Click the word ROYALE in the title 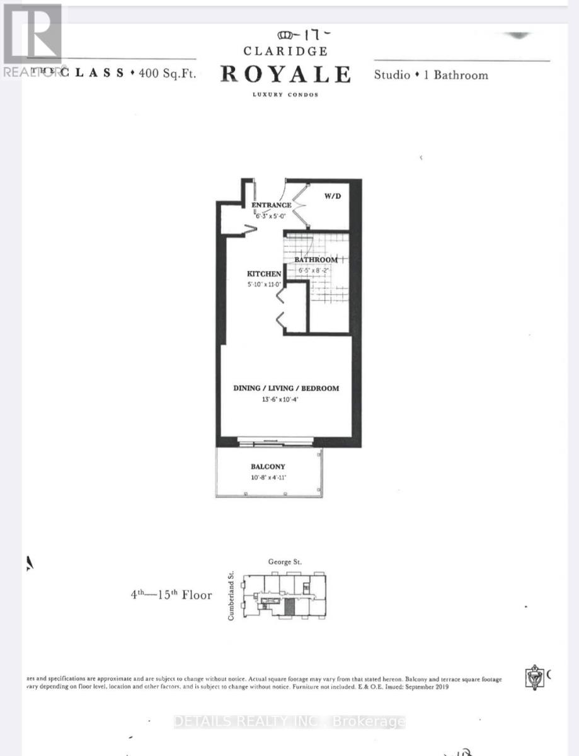285,74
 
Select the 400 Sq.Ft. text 168,73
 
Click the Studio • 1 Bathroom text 431,75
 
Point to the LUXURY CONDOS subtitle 285,94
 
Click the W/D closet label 332,196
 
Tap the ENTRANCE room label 272,205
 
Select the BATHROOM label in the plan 316,260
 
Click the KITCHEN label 263,274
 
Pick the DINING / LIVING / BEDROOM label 286,388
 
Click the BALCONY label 268,467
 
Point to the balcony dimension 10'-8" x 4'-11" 268,478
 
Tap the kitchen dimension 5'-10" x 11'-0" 263,284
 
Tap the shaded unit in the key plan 289,607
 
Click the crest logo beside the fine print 535,677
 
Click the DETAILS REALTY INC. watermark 289,721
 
